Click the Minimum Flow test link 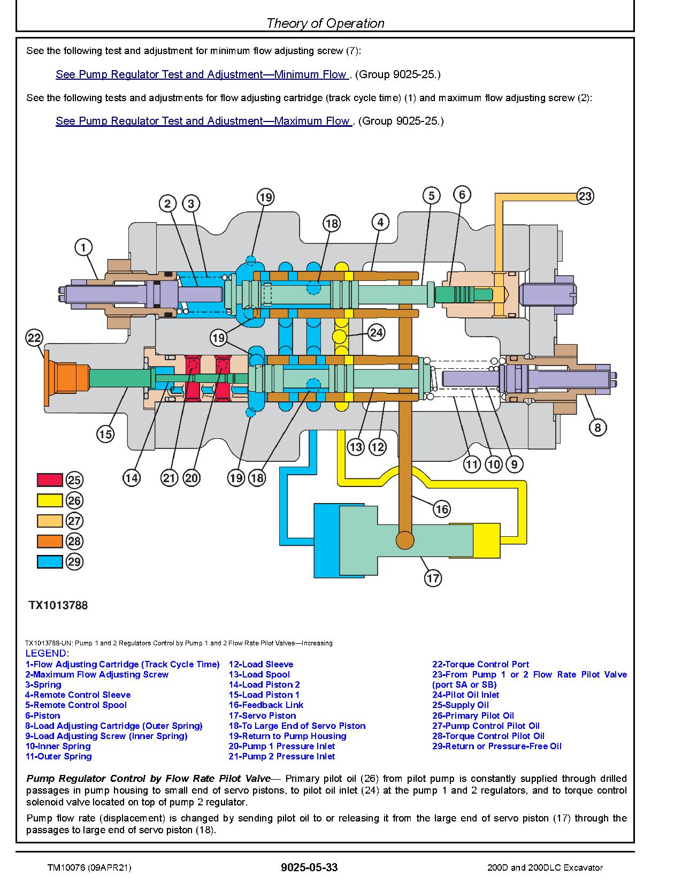click(202, 74)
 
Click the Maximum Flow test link click(203, 121)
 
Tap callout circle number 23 click(585, 196)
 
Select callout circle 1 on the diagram click(83, 247)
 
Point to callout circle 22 click(34, 338)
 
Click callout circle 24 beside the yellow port click(376, 333)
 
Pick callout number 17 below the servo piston click(433, 578)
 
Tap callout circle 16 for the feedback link click(441, 509)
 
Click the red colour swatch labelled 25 click(50, 480)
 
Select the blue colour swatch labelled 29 click(50, 561)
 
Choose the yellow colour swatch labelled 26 click(50, 500)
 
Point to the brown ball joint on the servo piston click(404, 541)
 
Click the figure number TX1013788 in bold click(58, 605)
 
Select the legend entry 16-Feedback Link click(266, 705)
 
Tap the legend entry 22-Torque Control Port click(480, 664)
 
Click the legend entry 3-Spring click(43, 684)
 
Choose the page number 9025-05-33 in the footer click(309, 867)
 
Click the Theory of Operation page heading click(325, 23)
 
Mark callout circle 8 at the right click(597, 428)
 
